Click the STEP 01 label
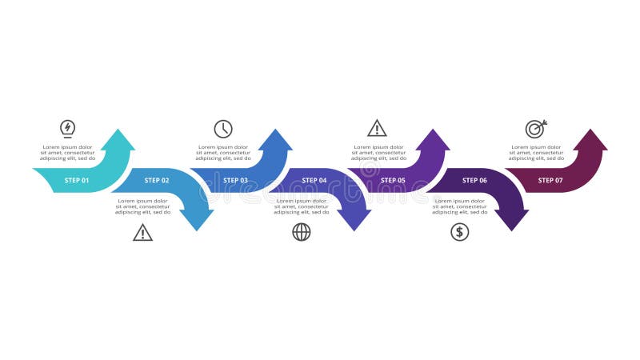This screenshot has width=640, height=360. pyautogui.click(x=77, y=181)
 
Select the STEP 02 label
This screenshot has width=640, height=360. pyautogui.click(x=157, y=181)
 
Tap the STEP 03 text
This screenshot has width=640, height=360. pyautogui.click(x=235, y=181)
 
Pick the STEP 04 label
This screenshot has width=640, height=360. pyautogui.click(x=314, y=181)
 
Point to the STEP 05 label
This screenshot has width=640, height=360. pyautogui.click(x=393, y=181)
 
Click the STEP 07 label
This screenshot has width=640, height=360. pyautogui.click(x=550, y=181)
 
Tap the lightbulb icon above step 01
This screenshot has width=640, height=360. pyautogui.click(x=68, y=128)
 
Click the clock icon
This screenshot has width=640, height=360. pyautogui.click(x=223, y=129)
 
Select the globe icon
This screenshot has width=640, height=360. pyautogui.click(x=302, y=232)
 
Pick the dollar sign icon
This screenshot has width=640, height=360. pyautogui.click(x=459, y=232)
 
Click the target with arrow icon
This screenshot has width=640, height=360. pyautogui.click(x=535, y=128)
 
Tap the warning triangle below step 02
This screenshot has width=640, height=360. pyautogui.click(x=142, y=233)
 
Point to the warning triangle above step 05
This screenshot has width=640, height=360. pyautogui.click(x=377, y=128)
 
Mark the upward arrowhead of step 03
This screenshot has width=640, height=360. pyautogui.click(x=276, y=141)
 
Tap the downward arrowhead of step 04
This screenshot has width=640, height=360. pyautogui.click(x=355, y=220)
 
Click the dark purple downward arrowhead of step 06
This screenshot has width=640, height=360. pyautogui.click(x=513, y=220)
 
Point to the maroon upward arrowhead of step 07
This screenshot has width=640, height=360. pyautogui.click(x=591, y=141)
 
